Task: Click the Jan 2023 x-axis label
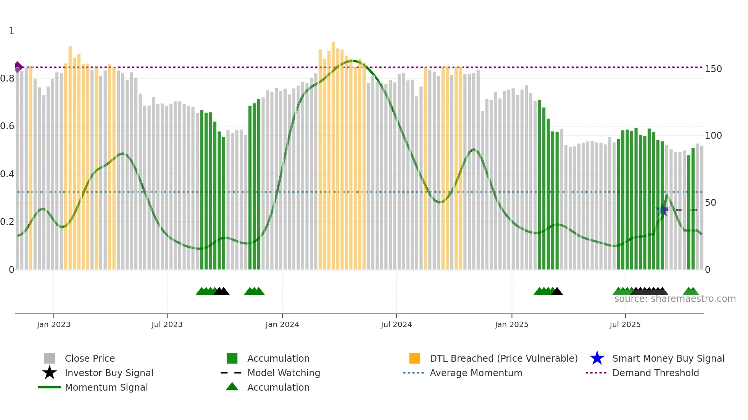(x=53, y=324)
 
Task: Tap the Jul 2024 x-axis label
(x=396, y=324)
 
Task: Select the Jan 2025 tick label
(x=511, y=324)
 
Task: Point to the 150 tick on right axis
(x=713, y=69)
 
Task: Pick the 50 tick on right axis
(x=710, y=203)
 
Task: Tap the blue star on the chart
(x=663, y=210)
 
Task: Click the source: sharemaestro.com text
(x=675, y=299)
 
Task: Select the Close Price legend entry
(x=89, y=358)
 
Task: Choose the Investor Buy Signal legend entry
(x=109, y=373)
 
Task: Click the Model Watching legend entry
(x=283, y=373)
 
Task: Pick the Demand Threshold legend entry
(x=655, y=373)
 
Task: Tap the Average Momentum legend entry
(x=476, y=373)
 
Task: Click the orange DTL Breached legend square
(x=414, y=358)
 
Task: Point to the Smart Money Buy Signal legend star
(x=597, y=358)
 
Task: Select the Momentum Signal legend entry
(x=106, y=387)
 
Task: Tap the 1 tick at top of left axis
(x=11, y=30)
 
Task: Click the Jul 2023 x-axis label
(x=167, y=324)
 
